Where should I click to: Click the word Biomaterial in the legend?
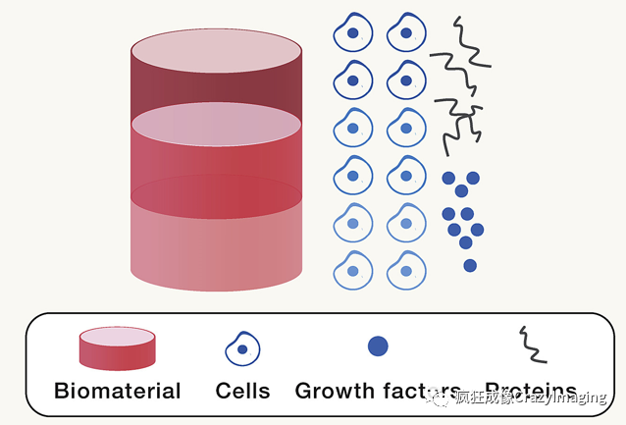click(118, 391)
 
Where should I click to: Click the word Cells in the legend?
click(242, 391)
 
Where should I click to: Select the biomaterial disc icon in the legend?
click(118, 347)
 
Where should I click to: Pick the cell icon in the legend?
click(242, 348)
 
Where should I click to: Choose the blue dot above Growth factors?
click(378, 345)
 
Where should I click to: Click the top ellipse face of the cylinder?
click(216, 51)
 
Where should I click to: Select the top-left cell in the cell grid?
click(353, 33)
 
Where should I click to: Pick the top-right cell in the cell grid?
click(406, 33)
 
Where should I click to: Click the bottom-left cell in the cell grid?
click(353, 271)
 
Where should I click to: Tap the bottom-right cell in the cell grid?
click(406, 271)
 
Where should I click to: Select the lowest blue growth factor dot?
click(470, 265)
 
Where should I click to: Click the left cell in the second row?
click(353, 80)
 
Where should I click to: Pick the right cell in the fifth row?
click(406, 224)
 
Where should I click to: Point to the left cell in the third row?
click(353, 129)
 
